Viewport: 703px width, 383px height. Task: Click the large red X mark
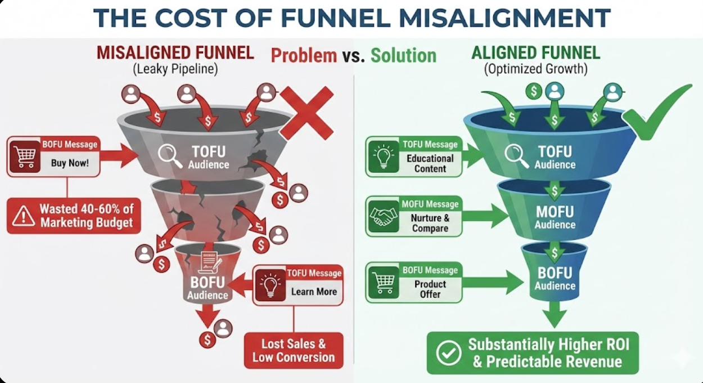pyautogui.click(x=306, y=113)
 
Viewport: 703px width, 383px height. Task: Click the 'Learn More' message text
pyautogui.click(x=314, y=292)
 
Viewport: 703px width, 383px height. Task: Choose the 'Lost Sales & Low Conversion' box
pyautogui.click(x=293, y=350)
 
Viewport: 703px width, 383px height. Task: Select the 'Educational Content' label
pyautogui.click(x=430, y=163)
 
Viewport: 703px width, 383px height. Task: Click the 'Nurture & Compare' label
pyautogui.click(x=430, y=223)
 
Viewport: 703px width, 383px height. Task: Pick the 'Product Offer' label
pyautogui.click(x=430, y=289)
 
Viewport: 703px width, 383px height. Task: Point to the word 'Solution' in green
pyautogui.click(x=403, y=55)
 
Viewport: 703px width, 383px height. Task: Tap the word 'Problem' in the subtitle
pyautogui.click(x=304, y=55)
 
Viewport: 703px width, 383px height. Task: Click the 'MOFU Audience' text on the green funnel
pyautogui.click(x=555, y=217)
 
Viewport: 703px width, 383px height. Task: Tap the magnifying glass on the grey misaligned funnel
pyautogui.click(x=170, y=156)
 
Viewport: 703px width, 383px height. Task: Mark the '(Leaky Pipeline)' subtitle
pyautogui.click(x=175, y=70)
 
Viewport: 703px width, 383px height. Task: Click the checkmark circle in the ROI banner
pyautogui.click(x=449, y=353)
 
